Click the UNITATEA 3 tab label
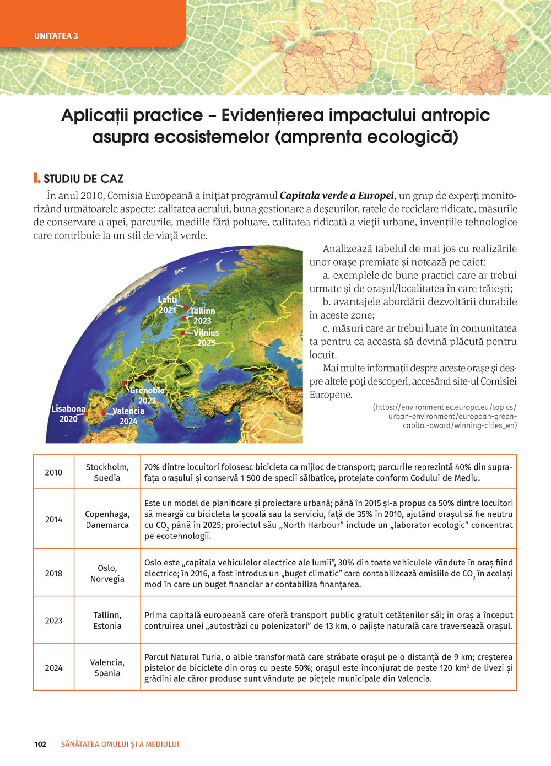[56, 36]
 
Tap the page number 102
[40, 744]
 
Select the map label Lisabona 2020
[68, 414]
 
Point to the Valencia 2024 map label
[128, 416]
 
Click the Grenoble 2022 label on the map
[147, 395]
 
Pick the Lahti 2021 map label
[168, 305]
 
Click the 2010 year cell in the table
[53, 472]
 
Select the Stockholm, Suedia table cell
[107, 472]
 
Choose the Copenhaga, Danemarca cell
[107, 519]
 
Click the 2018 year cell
[53, 573]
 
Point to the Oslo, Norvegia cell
[107, 573]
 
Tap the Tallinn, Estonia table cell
[107, 621]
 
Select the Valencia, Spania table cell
[107, 668]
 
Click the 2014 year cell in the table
[53, 519]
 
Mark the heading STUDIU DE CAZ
[83, 179]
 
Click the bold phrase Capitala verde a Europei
[337, 196]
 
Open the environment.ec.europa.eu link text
[445, 416]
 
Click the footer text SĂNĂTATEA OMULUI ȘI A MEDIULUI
[120, 744]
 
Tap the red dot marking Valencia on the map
[104, 413]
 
